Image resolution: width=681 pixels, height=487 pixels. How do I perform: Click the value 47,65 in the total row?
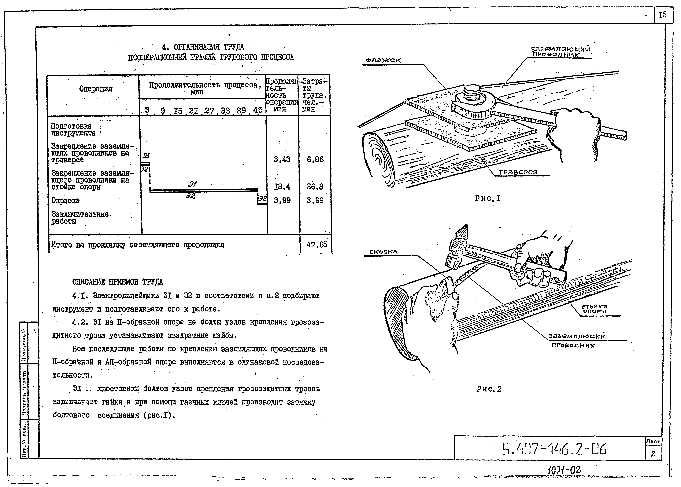tap(317, 245)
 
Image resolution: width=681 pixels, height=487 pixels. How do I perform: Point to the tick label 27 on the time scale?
tap(209, 111)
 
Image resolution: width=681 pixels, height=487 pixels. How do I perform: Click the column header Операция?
tap(96, 89)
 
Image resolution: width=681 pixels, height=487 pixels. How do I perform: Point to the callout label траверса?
tap(518, 172)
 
